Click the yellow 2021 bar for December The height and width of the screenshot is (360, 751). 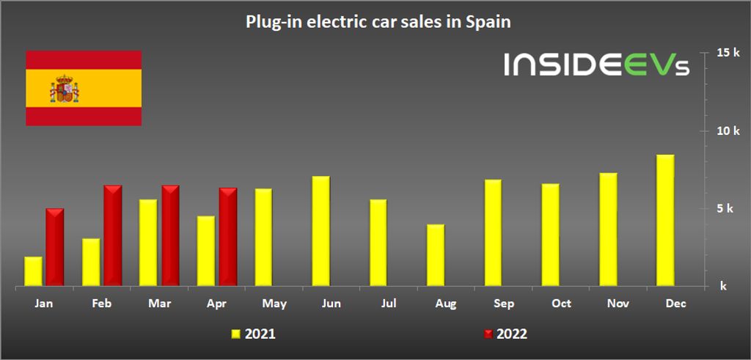pyautogui.click(x=665, y=220)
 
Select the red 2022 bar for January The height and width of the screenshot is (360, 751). pyautogui.click(x=55, y=247)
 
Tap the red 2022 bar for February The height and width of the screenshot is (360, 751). pyautogui.click(x=112, y=235)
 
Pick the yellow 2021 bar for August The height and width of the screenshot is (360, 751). pyautogui.click(x=436, y=254)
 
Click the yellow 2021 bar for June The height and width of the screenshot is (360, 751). pyautogui.click(x=320, y=231)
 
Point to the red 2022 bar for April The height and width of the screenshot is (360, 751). pyautogui.click(x=228, y=237)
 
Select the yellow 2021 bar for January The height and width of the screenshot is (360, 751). pyautogui.click(x=34, y=271)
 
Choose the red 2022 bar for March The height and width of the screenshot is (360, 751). pyautogui.click(x=170, y=235)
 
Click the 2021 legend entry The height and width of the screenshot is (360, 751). pyautogui.click(x=254, y=334)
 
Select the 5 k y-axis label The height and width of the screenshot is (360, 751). pyautogui.click(x=725, y=208)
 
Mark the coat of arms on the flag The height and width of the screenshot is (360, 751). pyautogui.click(x=64, y=89)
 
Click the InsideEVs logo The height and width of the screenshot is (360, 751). pyautogui.click(x=596, y=65)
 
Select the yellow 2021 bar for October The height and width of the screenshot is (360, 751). pyautogui.click(x=550, y=235)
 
